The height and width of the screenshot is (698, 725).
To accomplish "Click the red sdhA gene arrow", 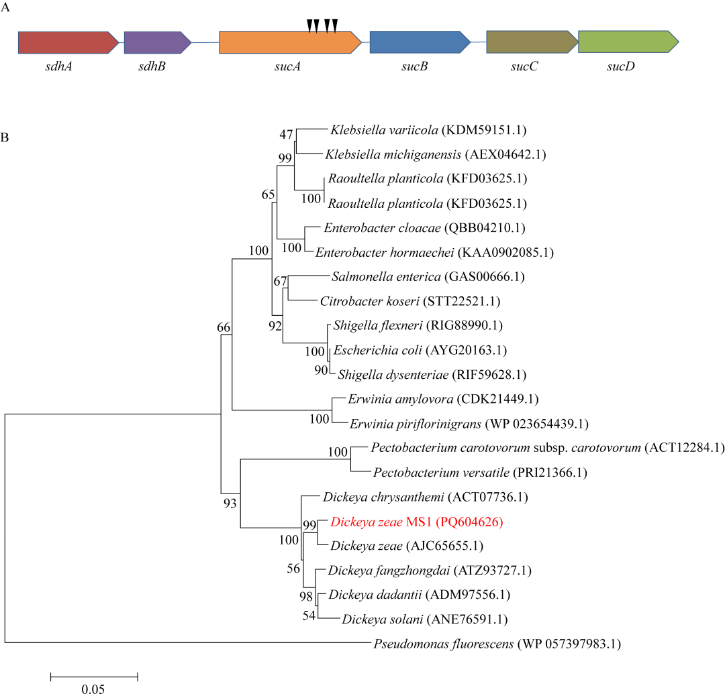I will click(68, 42).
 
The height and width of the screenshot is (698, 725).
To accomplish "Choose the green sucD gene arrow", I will click(628, 42).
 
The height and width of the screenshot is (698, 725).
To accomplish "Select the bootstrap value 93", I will click(230, 503).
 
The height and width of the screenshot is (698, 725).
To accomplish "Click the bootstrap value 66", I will click(224, 328).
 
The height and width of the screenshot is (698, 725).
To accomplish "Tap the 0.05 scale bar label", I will click(93, 689).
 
